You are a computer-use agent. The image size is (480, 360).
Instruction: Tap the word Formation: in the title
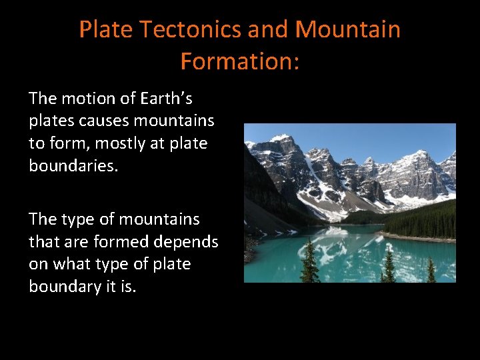[x=240, y=61]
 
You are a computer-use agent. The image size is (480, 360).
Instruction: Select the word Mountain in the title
[x=347, y=29]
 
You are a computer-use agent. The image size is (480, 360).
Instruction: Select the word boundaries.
[x=73, y=165]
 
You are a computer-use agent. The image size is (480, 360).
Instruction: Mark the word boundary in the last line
[x=65, y=286]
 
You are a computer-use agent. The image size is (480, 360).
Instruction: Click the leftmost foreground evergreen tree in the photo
[x=310, y=263]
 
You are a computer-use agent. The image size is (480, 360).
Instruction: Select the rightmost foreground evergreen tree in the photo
[x=431, y=270]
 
